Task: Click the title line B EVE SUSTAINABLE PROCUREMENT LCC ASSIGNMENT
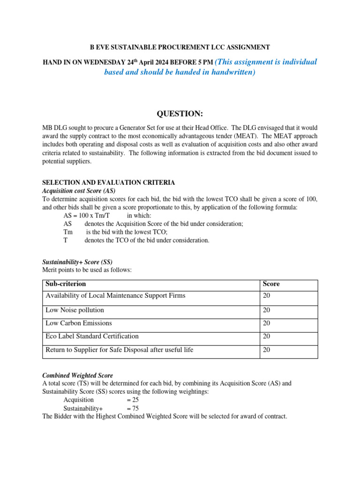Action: point(180,47)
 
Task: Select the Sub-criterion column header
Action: point(66,284)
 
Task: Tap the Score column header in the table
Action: point(271,284)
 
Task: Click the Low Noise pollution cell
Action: point(75,310)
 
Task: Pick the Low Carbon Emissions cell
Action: point(79,323)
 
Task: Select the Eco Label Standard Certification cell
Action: point(92,336)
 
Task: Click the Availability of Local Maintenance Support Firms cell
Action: point(115,295)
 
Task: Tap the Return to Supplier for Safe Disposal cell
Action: point(119,350)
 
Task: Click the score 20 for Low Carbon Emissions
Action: point(266,323)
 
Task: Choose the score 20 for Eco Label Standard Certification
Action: point(266,336)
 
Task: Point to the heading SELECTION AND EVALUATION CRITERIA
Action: point(109,182)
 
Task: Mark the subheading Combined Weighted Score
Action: point(77,375)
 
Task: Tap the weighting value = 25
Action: point(133,400)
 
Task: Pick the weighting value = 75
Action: point(133,408)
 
